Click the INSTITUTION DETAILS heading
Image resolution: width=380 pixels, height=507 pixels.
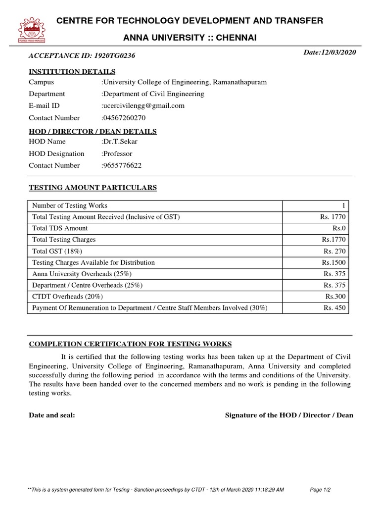(72, 72)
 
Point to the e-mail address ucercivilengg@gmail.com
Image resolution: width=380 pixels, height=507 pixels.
(143, 105)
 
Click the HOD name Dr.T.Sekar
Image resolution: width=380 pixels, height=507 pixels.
(120, 142)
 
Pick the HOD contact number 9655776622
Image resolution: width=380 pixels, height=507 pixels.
(122, 165)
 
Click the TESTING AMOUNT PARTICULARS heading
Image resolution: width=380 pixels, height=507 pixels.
(93, 188)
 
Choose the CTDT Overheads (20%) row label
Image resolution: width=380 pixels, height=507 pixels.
(68, 297)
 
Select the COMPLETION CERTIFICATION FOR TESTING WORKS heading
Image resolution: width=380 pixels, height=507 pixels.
(130, 344)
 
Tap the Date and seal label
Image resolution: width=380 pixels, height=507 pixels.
(52, 415)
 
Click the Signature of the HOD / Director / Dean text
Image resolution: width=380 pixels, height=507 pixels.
(289, 415)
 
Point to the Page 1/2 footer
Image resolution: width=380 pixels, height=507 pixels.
(320, 490)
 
